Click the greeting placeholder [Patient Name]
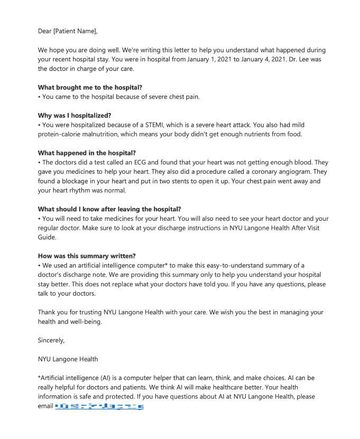(x=75, y=31)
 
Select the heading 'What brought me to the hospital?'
(x=90, y=87)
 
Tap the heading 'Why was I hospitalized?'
(x=75, y=115)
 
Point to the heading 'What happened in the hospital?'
(x=87, y=153)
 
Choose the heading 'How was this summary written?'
(x=87, y=256)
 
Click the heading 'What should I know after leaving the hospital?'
(x=109, y=209)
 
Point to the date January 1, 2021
(x=179, y=59)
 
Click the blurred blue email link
(x=99, y=407)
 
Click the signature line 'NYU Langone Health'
(x=68, y=359)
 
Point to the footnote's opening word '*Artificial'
(x=56, y=378)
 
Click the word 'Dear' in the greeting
(x=45, y=31)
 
